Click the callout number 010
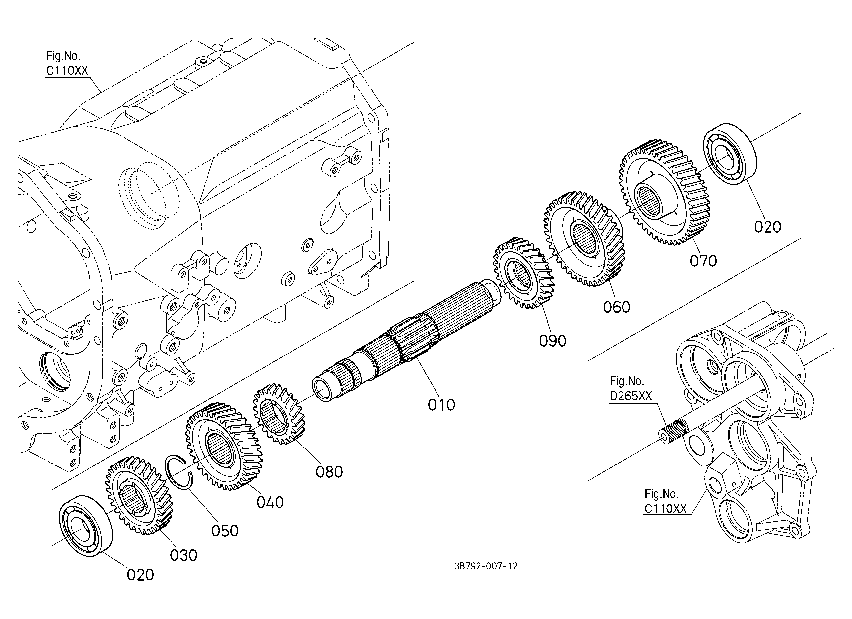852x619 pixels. [441, 405]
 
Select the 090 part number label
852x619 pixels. [553, 341]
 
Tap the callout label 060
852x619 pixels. [617, 307]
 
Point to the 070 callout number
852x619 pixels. [703, 261]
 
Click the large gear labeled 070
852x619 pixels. [665, 193]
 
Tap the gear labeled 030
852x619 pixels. [139, 495]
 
